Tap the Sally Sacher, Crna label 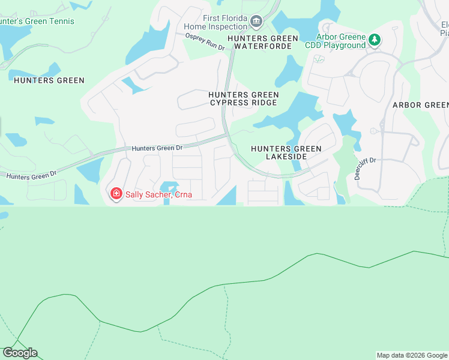[x=154, y=193]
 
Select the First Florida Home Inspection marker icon [x=256, y=23]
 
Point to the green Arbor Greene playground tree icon [x=375, y=40]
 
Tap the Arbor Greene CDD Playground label [x=341, y=41]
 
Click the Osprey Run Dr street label [x=205, y=43]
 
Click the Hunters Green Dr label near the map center [x=157, y=148]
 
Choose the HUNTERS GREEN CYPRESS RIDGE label [x=243, y=98]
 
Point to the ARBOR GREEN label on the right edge [x=420, y=105]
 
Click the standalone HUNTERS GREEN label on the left [x=49, y=80]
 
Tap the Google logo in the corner [x=20, y=353]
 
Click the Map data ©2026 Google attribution [x=412, y=355]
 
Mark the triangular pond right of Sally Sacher [x=228, y=196]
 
